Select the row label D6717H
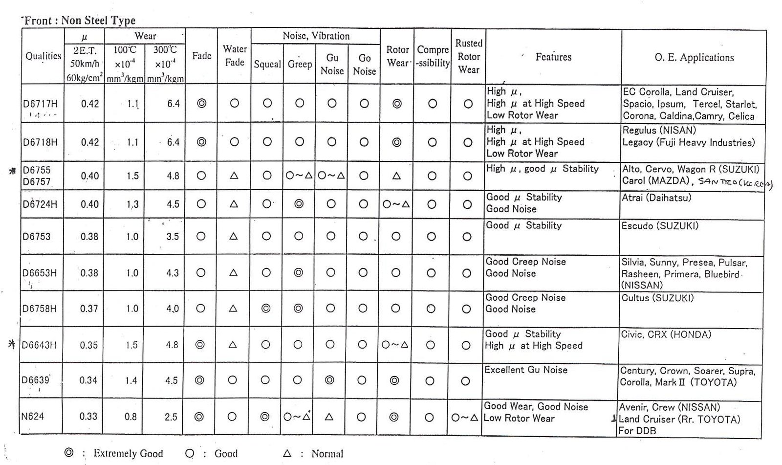40,104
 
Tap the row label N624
33,417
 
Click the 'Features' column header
553,57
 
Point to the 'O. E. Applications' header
694,58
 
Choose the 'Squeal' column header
267,64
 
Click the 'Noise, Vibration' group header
316,36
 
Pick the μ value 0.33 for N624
88,417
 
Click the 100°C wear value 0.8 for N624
130,417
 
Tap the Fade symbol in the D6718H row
201,142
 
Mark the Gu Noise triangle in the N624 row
329,417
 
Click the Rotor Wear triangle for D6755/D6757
397,176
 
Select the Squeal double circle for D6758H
266,309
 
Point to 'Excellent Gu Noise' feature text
526,370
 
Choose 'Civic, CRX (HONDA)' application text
666,335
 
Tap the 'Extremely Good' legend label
128,453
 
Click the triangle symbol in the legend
287,453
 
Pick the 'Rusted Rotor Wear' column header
468,57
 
